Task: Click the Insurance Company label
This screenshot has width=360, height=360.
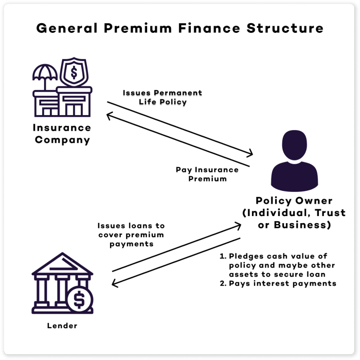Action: [62, 133]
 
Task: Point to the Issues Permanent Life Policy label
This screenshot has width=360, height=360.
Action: [162, 97]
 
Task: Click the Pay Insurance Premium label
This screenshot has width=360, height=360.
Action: [207, 174]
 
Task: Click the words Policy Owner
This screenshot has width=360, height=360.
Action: [294, 201]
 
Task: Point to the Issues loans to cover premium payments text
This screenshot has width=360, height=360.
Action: [131, 235]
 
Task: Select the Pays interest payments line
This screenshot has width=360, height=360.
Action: [278, 283]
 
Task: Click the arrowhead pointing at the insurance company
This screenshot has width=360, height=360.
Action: [109, 116]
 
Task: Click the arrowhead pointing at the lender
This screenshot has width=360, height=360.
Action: [115, 284]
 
